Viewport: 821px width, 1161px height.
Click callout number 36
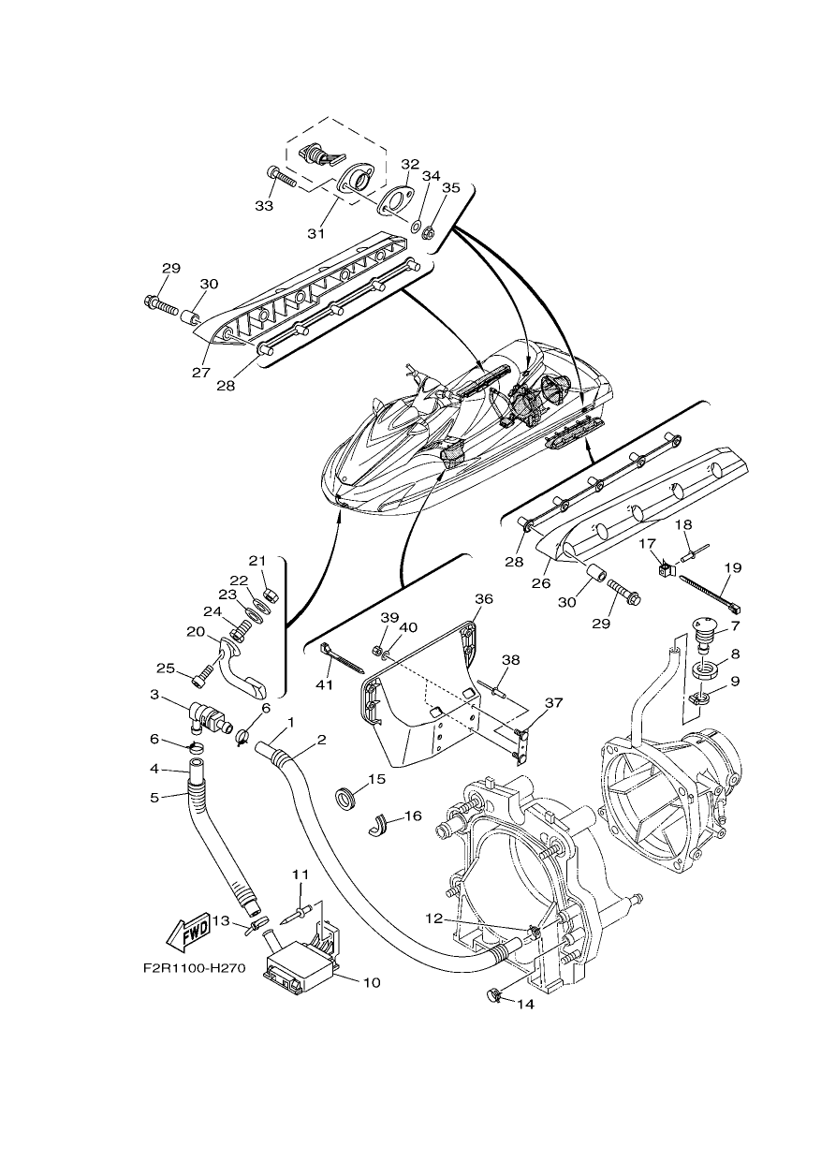(x=485, y=599)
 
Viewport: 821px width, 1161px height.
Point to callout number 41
(x=324, y=685)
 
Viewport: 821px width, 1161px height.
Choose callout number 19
(x=733, y=568)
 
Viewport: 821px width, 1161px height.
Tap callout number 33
(x=264, y=206)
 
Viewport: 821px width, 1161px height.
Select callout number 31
(x=315, y=233)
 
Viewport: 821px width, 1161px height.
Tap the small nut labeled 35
(x=428, y=231)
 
